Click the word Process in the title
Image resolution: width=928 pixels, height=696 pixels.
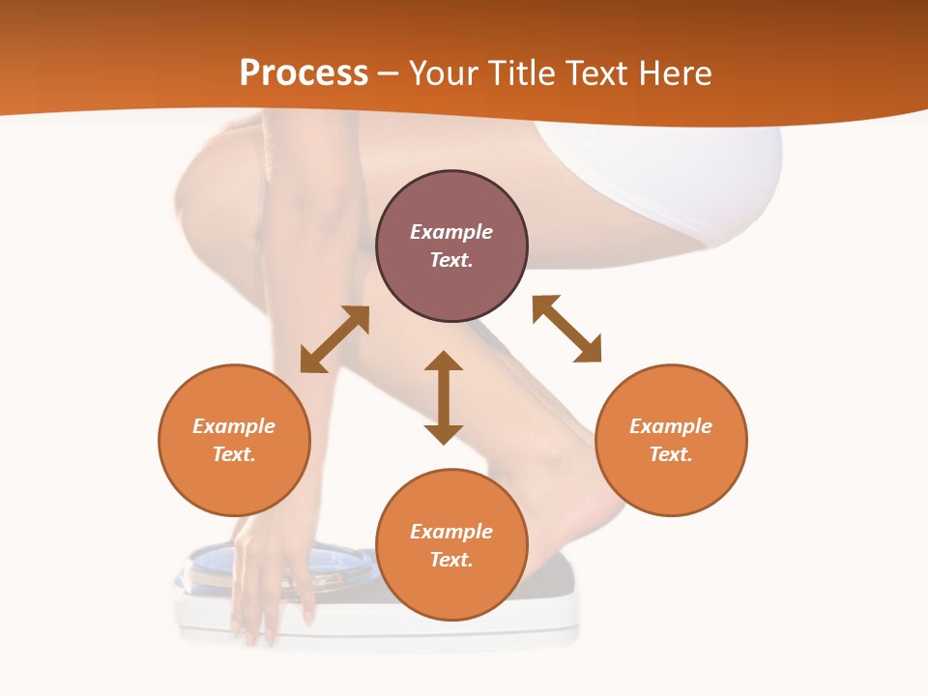304,73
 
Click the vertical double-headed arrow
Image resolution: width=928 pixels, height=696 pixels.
444,397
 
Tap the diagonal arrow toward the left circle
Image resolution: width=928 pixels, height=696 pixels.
334,339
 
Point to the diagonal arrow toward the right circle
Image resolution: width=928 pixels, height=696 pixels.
566,329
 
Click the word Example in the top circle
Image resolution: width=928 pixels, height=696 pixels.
451,232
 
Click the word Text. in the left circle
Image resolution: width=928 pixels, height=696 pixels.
234,454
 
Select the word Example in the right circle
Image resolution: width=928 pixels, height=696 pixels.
671,426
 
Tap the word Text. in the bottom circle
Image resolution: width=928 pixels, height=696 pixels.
451,560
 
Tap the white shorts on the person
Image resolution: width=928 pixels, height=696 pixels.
677,174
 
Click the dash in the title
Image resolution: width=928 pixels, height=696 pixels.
389,74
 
